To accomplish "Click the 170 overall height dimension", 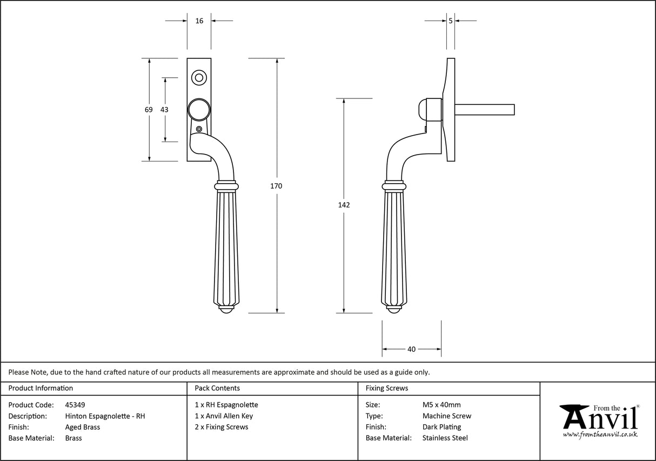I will tap(276, 186).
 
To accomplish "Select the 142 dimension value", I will tap(344, 205).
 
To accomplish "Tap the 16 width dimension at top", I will tap(199, 21).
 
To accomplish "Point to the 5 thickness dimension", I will tap(451, 21).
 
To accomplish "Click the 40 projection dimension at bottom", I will tap(411, 349).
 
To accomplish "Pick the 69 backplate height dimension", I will tap(149, 110).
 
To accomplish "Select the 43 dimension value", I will tap(164, 110).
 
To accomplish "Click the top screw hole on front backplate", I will tap(199, 78).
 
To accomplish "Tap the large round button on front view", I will tap(198, 109).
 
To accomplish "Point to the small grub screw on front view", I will tap(199, 129).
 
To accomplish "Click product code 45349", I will tap(75, 405).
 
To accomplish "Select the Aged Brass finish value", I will tap(82, 427).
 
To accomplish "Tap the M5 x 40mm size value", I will tap(441, 405).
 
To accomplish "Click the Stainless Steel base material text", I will tap(445, 438).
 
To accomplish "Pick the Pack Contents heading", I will tap(217, 388).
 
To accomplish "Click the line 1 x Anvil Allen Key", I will tap(224, 416).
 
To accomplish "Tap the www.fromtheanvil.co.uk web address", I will tap(600, 434).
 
